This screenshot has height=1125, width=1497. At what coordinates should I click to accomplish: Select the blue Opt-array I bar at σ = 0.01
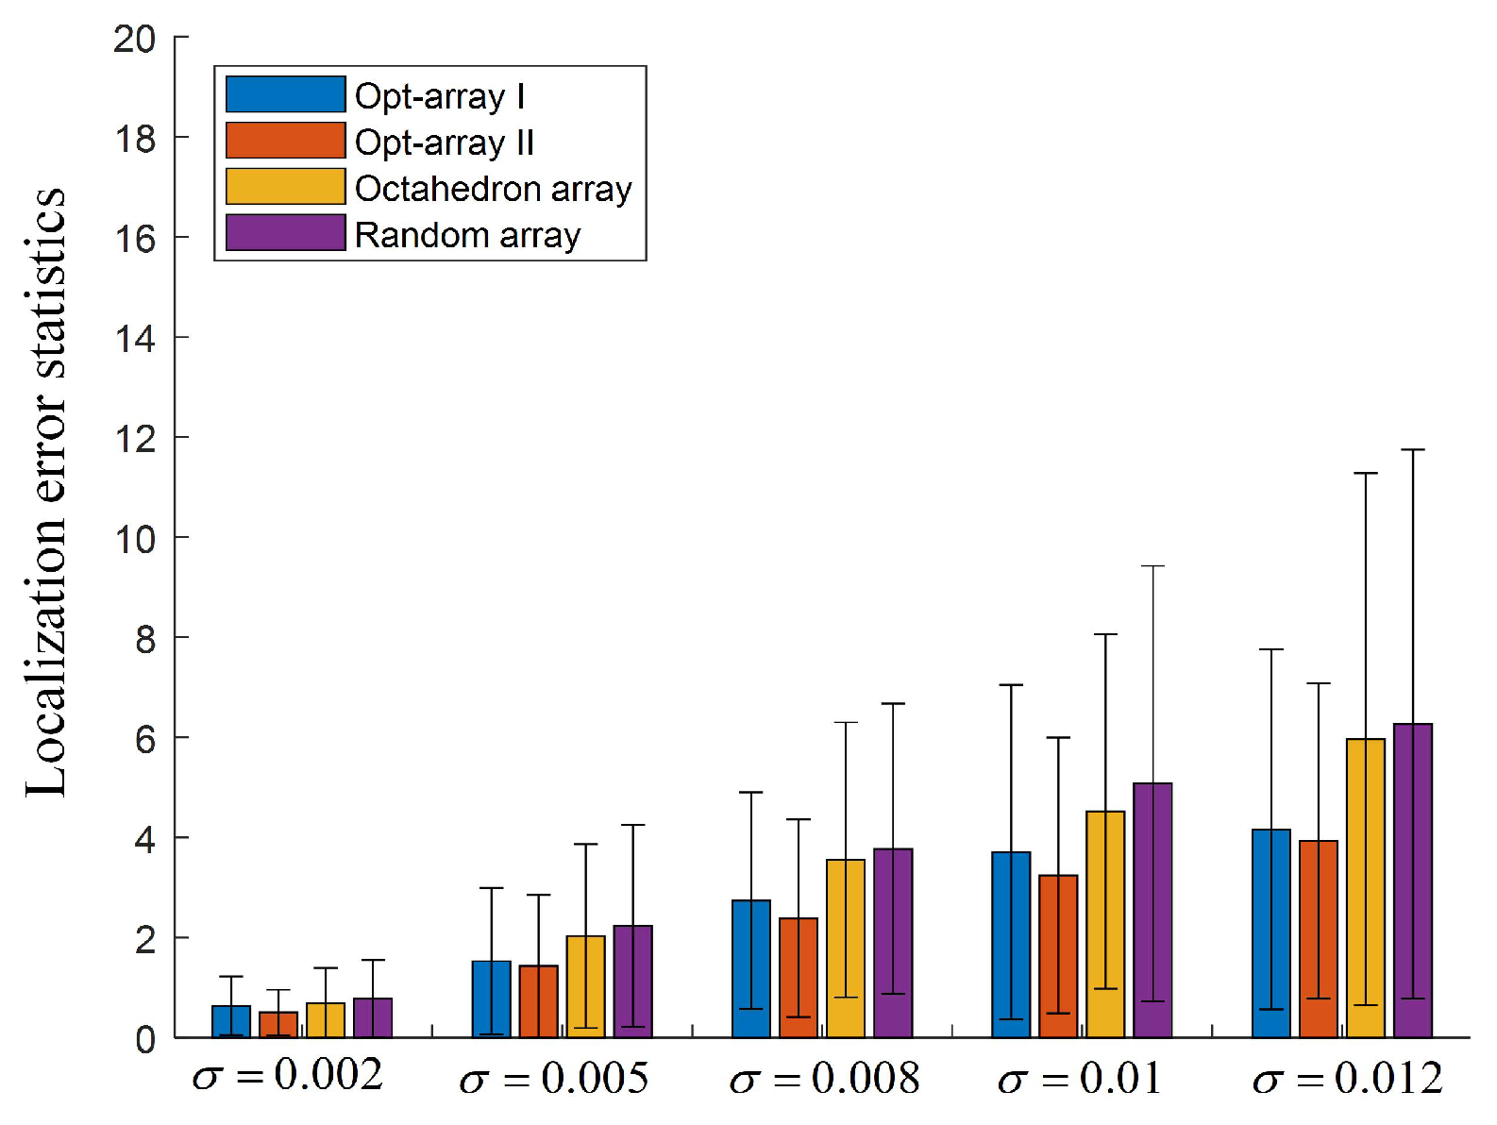click(x=1011, y=944)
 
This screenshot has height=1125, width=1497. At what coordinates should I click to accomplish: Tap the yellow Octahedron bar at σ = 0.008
click(x=846, y=948)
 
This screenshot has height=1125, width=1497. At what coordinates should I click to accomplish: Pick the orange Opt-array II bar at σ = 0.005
click(x=538, y=1000)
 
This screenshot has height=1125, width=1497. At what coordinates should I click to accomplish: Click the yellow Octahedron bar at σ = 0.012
click(x=1365, y=887)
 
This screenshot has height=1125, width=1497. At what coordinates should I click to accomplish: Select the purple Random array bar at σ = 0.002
click(x=373, y=1017)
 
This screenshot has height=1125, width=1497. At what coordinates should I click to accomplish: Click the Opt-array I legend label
click(x=439, y=95)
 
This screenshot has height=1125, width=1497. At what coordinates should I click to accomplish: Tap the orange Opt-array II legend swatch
click(x=285, y=141)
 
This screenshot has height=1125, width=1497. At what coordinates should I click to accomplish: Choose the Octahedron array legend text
click(x=493, y=188)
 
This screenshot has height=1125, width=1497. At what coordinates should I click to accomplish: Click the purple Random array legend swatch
click(x=285, y=233)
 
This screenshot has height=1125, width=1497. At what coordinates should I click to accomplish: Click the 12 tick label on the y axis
click(x=134, y=438)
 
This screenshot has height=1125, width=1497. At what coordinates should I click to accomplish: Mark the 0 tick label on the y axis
click(x=144, y=1039)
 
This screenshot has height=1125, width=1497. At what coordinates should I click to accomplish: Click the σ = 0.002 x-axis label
click(x=288, y=1076)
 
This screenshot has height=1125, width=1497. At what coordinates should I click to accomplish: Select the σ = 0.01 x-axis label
click(x=1079, y=1078)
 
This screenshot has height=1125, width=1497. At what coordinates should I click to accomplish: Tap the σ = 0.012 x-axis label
click(x=1347, y=1078)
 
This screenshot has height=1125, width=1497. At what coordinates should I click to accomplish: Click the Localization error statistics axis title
click(x=45, y=491)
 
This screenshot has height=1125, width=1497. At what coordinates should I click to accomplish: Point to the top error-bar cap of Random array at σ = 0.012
click(x=1412, y=450)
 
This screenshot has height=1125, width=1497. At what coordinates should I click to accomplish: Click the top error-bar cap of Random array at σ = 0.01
click(x=1152, y=566)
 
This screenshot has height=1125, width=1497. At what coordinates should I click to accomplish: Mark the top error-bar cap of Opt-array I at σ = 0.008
click(x=750, y=792)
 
